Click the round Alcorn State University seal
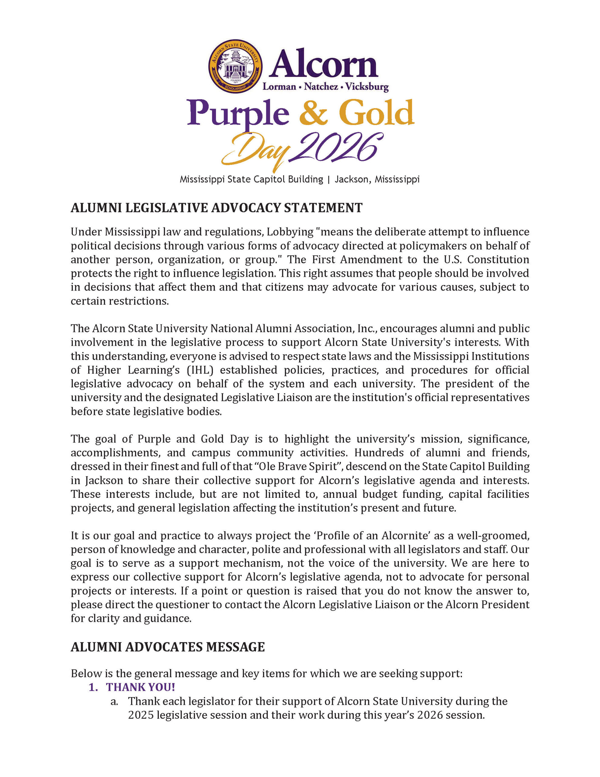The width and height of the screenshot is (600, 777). (235, 66)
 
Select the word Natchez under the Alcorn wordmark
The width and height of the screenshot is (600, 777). (321, 87)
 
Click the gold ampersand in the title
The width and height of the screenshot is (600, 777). (313, 113)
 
